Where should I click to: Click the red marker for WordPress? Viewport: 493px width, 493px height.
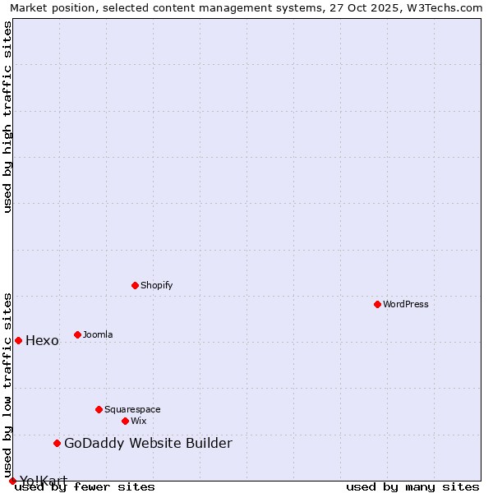pyautogui.click(x=377, y=304)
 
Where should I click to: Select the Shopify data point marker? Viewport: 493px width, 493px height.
pyautogui.click(x=135, y=285)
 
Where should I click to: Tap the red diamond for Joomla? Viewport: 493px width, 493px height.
pyautogui.click(x=77, y=334)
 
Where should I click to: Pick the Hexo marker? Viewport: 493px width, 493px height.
pyautogui.click(x=18, y=340)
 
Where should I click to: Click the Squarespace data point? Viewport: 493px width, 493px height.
pyautogui.click(x=99, y=409)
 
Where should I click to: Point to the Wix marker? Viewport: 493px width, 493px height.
pyautogui.click(x=125, y=421)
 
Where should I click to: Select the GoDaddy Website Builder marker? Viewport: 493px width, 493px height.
pyautogui.click(x=57, y=443)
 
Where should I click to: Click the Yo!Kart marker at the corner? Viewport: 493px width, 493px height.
pyautogui.click(x=12, y=481)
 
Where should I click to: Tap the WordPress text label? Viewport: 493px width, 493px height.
pyautogui.click(x=406, y=304)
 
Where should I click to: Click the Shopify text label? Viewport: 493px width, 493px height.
pyautogui.click(x=156, y=285)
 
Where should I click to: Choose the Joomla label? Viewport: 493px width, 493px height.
pyautogui.click(x=98, y=334)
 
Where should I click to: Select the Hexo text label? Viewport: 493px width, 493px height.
pyautogui.click(x=42, y=341)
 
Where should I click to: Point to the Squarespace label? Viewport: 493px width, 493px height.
pyautogui.click(x=132, y=409)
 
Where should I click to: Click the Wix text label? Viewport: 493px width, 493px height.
pyautogui.click(x=138, y=421)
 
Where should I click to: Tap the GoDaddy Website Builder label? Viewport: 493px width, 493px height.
pyautogui.click(x=148, y=444)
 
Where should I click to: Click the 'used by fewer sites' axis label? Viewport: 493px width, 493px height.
pyautogui.click(x=85, y=486)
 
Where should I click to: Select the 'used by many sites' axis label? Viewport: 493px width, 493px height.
pyautogui.click(x=412, y=486)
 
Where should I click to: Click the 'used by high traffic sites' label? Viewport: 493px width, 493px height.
pyautogui.click(x=8, y=117)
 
